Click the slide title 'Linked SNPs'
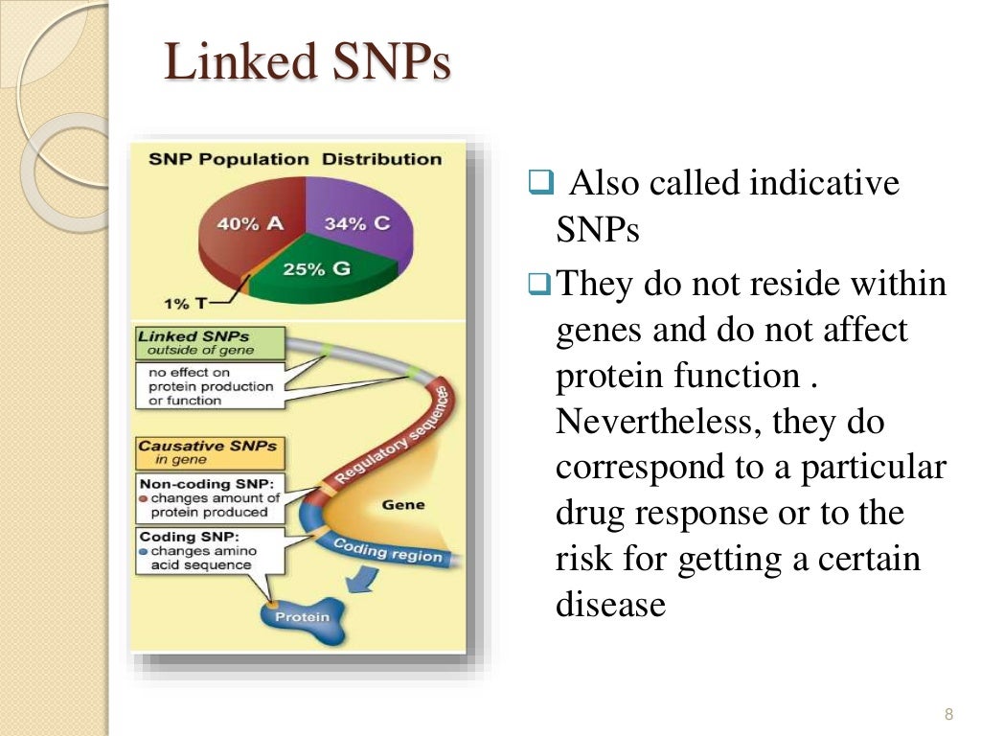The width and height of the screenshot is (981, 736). pyautogui.click(x=307, y=63)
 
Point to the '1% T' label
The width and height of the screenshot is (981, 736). pyautogui.click(x=185, y=303)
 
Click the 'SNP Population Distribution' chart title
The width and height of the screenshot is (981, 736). pyautogui.click(x=295, y=159)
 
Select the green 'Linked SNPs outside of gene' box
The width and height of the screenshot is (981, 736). pyautogui.click(x=209, y=343)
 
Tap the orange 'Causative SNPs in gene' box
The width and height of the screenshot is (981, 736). pyautogui.click(x=209, y=451)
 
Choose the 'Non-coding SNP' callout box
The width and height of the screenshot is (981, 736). pyautogui.click(x=211, y=498)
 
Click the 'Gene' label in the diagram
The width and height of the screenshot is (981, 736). pyautogui.click(x=403, y=504)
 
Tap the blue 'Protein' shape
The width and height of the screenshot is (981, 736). pyautogui.click(x=302, y=617)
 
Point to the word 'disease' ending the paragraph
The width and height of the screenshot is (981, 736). pyautogui.click(x=610, y=605)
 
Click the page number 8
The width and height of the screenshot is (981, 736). pyautogui.click(x=949, y=714)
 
